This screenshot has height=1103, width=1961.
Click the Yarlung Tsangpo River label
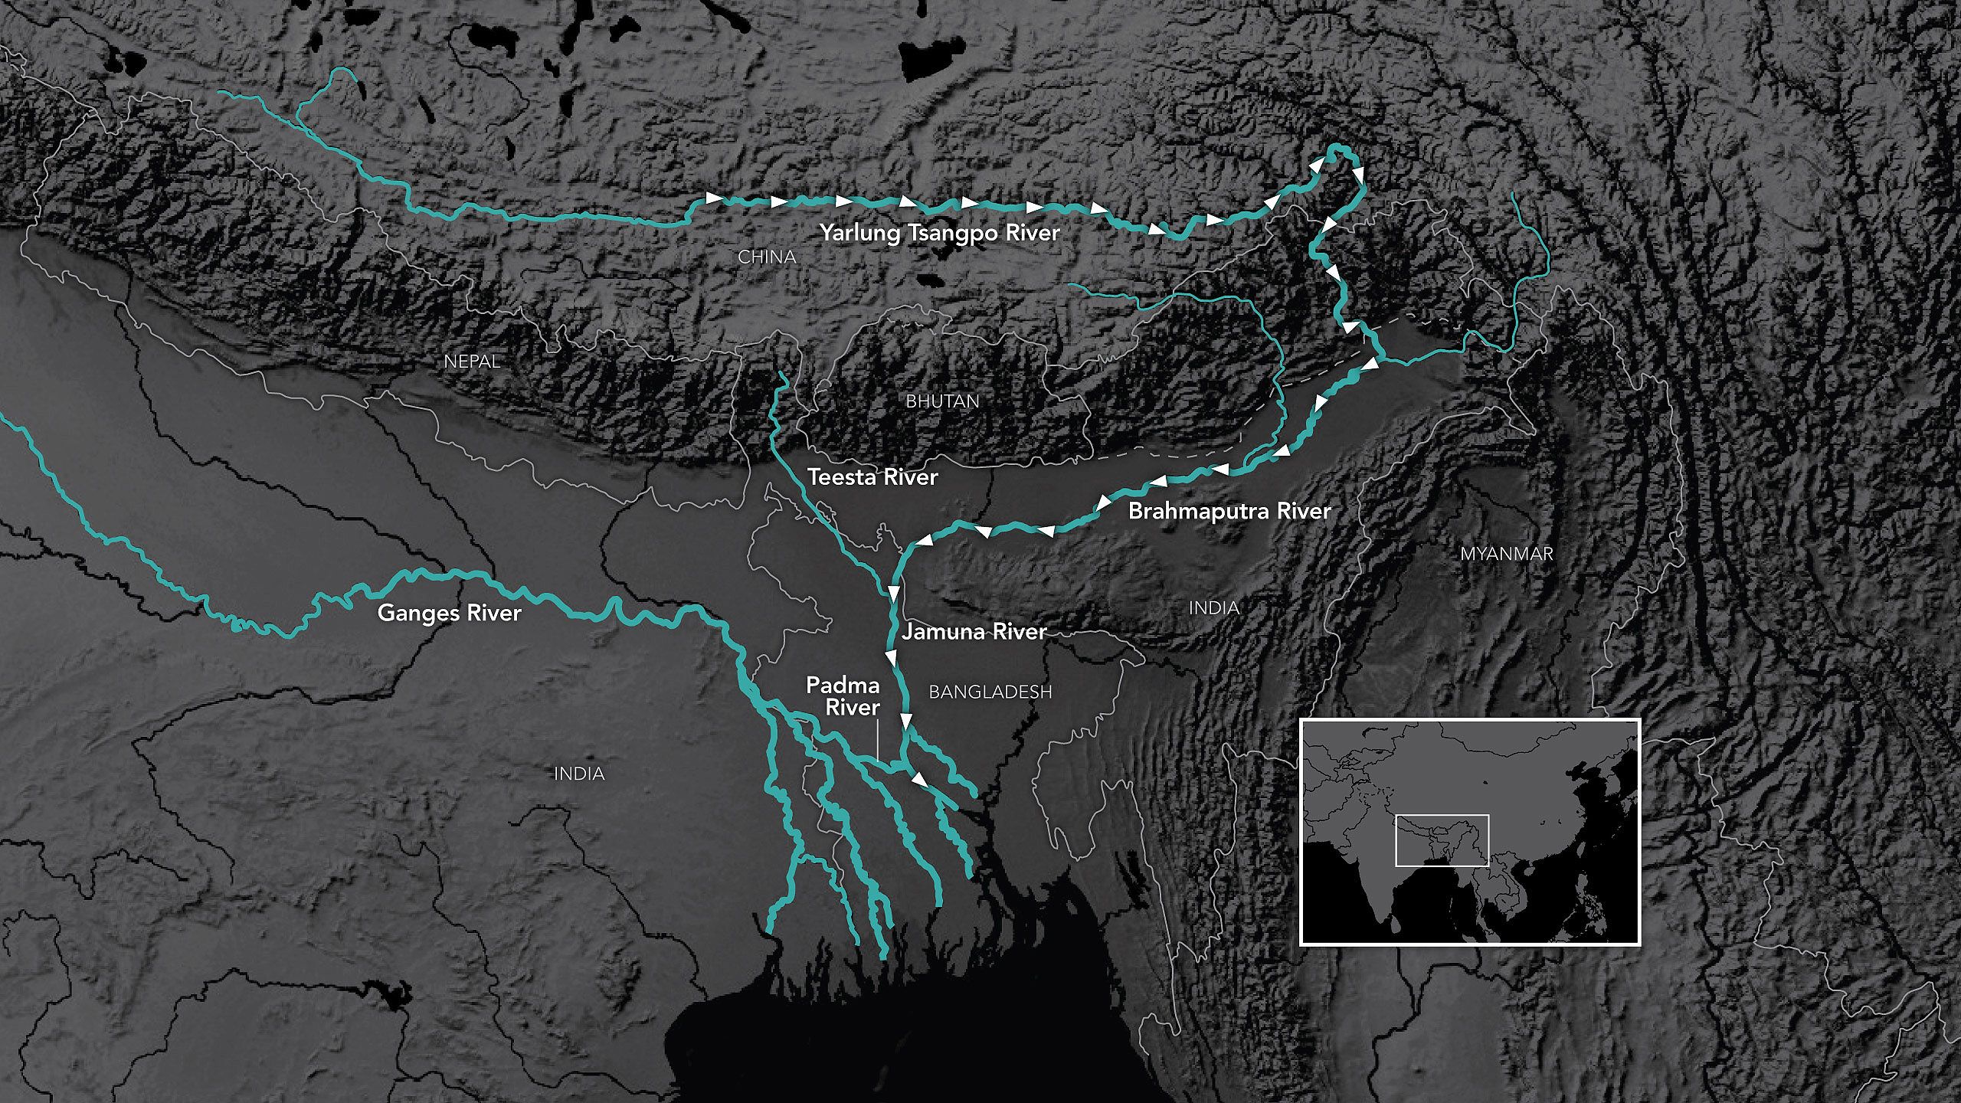point(940,233)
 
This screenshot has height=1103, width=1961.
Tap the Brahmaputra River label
point(1229,511)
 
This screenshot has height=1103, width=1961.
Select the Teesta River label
point(872,477)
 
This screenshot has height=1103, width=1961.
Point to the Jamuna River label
point(974,632)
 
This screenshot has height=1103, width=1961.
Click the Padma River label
point(843,696)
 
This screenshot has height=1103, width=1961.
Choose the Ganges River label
point(449,613)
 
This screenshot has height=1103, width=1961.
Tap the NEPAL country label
point(472,362)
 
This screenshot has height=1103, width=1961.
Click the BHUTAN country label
point(942,401)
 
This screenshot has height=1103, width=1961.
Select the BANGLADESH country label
point(990,692)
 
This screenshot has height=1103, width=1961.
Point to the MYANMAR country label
point(1506,553)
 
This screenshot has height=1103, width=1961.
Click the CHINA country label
point(767,257)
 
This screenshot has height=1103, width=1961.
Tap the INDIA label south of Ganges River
point(579,774)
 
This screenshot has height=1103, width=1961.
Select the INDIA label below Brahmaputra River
point(1213,608)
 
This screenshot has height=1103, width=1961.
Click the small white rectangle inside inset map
point(1442,840)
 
